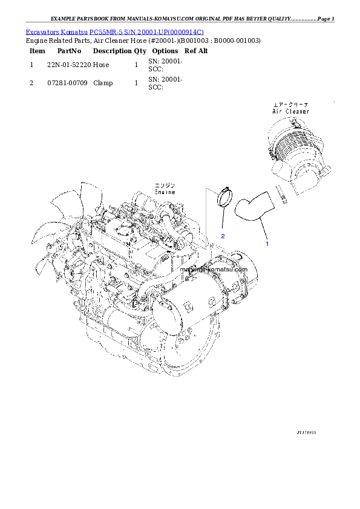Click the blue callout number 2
223,236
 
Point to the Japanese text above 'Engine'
163,184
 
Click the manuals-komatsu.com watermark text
213,270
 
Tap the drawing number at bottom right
306,433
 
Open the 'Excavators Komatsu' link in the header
57,31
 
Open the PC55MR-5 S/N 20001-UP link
146,31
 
